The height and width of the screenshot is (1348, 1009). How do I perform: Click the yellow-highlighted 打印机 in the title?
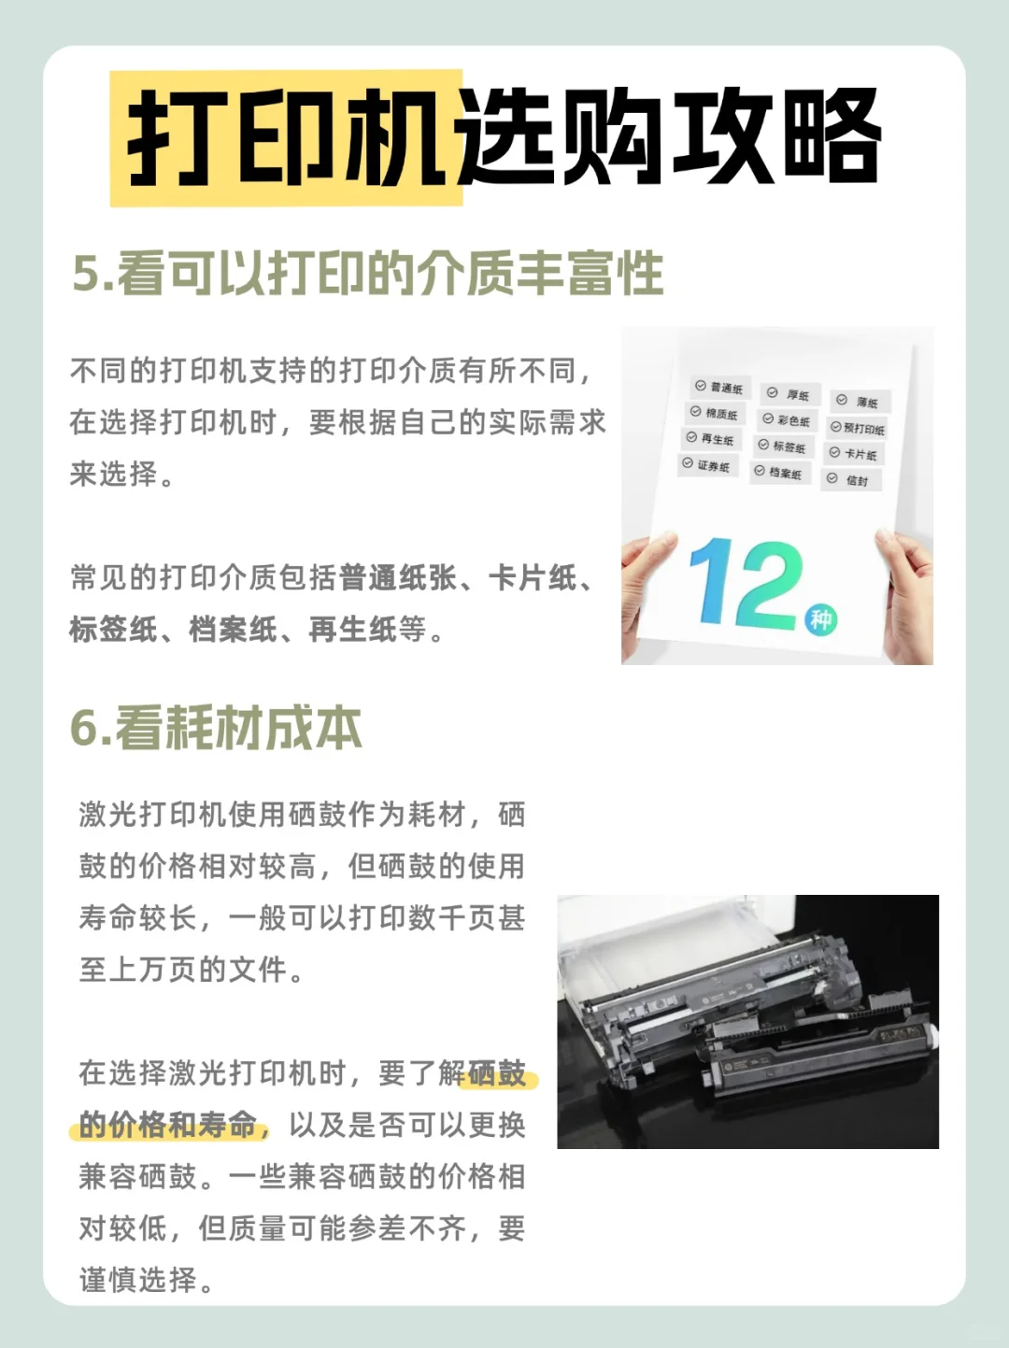(x=287, y=137)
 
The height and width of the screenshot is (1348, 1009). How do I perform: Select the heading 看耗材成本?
(x=238, y=729)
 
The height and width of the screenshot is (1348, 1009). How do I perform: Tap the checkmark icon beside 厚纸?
(x=773, y=392)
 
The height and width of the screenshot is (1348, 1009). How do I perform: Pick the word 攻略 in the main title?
(x=777, y=136)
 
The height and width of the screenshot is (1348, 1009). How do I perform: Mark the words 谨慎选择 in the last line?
(x=137, y=1280)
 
